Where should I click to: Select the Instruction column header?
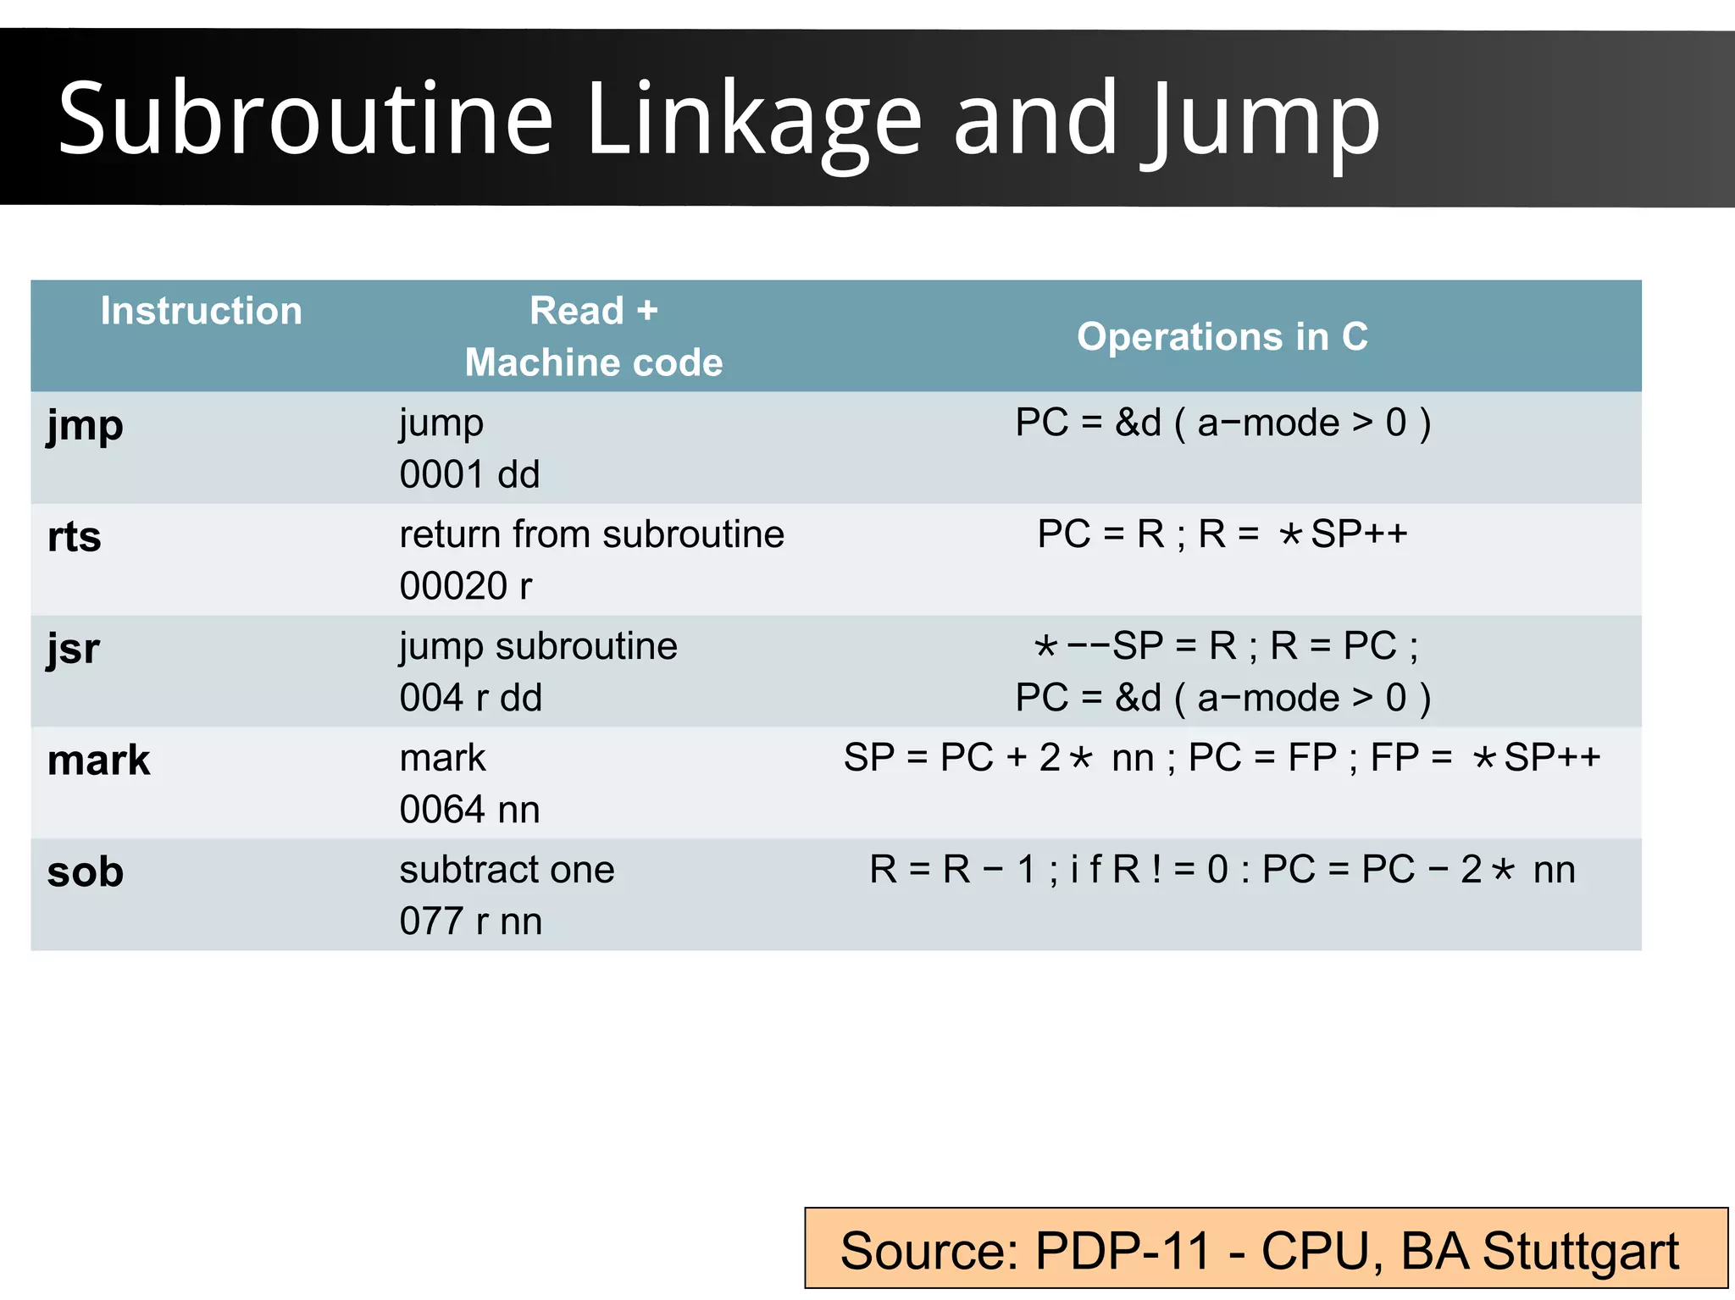[x=201, y=311]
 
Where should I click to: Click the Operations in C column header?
[x=1222, y=336]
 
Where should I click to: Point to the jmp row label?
[x=85, y=425]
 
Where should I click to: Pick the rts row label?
[x=75, y=537]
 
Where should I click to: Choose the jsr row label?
[x=74, y=650]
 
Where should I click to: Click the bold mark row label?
[x=98, y=761]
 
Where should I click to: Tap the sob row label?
[x=86, y=872]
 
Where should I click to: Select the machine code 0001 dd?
[x=469, y=474]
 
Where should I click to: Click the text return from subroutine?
[x=591, y=534]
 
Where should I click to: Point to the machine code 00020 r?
[x=466, y=586]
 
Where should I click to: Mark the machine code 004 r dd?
[x=470, y=698]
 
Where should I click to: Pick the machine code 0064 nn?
[x=469, y=810]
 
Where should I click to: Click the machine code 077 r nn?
[x=470, y=921]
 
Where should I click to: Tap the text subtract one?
[x=507, y=870]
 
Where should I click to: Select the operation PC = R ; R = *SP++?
[x=1222, y=534]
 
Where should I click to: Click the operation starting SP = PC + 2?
[x=1222, y=757]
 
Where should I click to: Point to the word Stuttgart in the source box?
[x=1580, y=1251]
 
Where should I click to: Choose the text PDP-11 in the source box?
[x=1122, y=1251]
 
